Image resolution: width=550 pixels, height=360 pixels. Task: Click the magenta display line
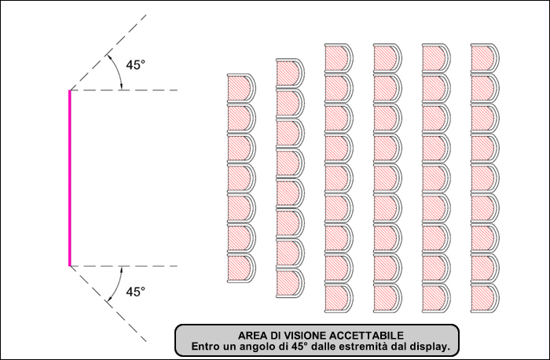70,178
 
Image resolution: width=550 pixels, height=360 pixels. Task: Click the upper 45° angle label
135,65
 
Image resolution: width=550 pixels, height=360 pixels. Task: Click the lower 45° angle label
135,292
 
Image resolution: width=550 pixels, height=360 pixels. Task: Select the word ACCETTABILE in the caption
366,336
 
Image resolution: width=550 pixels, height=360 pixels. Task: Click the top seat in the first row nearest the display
241,89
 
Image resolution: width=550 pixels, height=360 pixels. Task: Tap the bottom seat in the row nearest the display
241,268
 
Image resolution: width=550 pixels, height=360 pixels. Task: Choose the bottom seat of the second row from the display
290,283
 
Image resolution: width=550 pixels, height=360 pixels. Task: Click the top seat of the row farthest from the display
485,59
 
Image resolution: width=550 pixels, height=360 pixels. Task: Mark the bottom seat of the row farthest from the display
485,298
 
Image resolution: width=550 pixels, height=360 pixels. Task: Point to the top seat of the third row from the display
339,59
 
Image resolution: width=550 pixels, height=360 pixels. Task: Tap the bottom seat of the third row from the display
339,298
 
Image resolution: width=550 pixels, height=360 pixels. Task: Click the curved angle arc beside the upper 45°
118,70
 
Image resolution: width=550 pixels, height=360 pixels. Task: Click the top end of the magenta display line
70,90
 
